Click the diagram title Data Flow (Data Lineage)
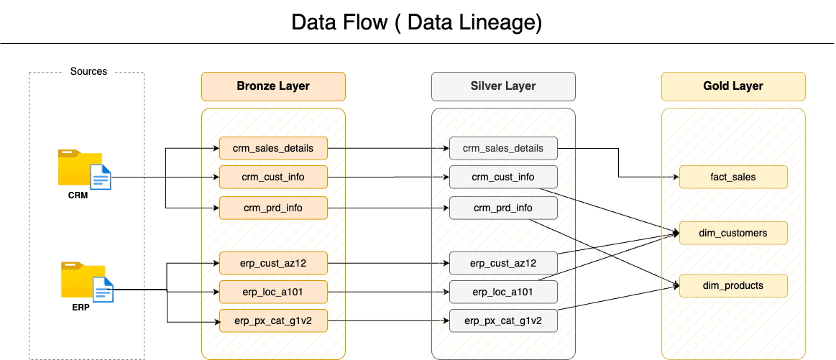416,22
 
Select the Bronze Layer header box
273,86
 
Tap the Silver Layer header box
503,86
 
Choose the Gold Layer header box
733,86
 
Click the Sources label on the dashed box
88,72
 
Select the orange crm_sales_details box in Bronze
273,149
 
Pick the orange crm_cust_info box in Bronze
273,177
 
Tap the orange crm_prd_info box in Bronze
273,208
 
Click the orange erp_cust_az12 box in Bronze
273,263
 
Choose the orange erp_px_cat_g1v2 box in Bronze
273,320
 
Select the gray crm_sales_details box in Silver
503,149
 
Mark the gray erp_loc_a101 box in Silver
503,292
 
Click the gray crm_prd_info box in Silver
503,208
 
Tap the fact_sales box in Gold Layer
733,177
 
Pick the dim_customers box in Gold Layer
733,233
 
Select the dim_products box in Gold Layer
733,285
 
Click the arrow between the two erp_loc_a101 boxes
388,292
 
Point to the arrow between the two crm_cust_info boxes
388,177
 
